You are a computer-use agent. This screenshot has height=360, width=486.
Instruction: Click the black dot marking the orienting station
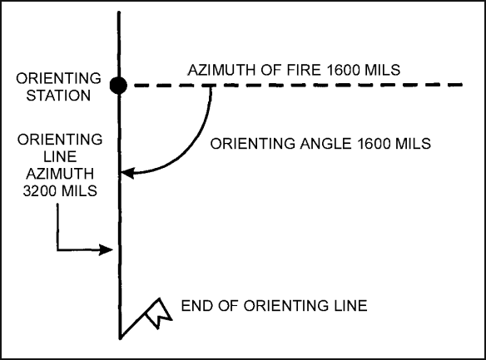point(118,86)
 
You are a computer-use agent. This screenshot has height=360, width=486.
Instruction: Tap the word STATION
point(58,96)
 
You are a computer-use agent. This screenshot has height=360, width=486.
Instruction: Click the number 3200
point(40,190)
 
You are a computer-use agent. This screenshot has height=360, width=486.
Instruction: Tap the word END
point(196,306)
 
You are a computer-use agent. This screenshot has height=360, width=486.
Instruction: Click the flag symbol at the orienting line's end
point(158,313)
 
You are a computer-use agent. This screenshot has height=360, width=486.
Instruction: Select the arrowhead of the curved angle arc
point(127,173)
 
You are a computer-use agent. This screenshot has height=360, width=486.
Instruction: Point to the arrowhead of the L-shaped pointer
point(106,249)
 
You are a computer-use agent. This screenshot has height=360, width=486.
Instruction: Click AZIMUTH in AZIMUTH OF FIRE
point(221,70)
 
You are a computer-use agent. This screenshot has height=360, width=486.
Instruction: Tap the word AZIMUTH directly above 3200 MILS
point(60,174)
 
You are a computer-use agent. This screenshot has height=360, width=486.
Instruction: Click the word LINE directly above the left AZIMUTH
point(60,156)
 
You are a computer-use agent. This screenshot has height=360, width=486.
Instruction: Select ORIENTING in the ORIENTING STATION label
point(58,78)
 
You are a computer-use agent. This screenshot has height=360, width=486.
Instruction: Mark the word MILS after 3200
point(79,190)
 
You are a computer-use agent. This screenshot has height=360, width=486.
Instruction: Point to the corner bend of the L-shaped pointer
point(57,249)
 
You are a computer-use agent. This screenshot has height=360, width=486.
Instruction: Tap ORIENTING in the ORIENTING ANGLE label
point(253,144)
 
